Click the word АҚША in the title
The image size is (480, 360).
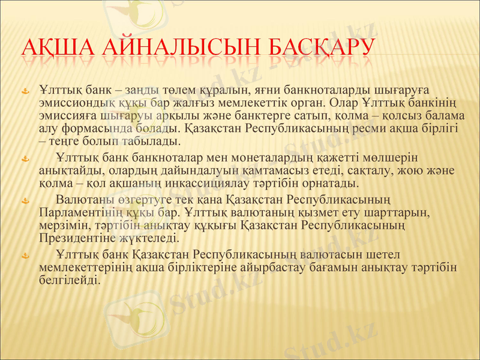[x=55, y=48]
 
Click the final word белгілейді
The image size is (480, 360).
[x=68, y=280]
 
